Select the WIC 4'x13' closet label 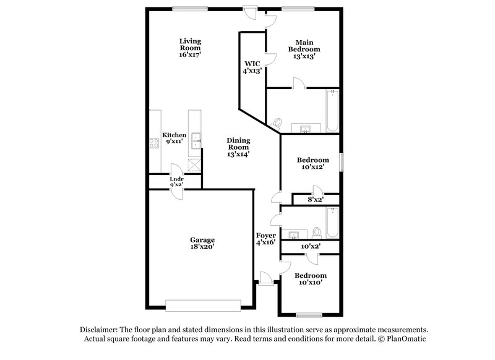point(252,67)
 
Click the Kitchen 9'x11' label point(174,138)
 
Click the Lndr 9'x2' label point(176,182)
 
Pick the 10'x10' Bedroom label point(310,279)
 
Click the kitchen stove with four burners point(154,144)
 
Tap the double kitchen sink point(196,142)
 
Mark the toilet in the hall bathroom point(317,231)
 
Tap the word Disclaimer point(99,330)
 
